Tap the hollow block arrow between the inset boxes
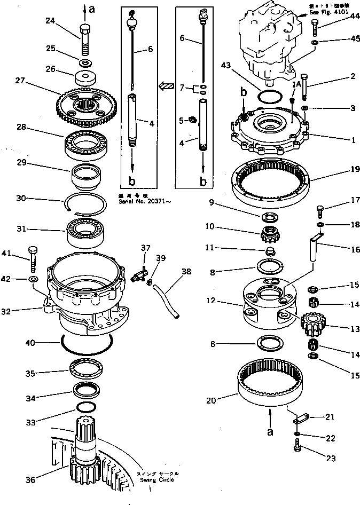(x=166, y=85)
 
